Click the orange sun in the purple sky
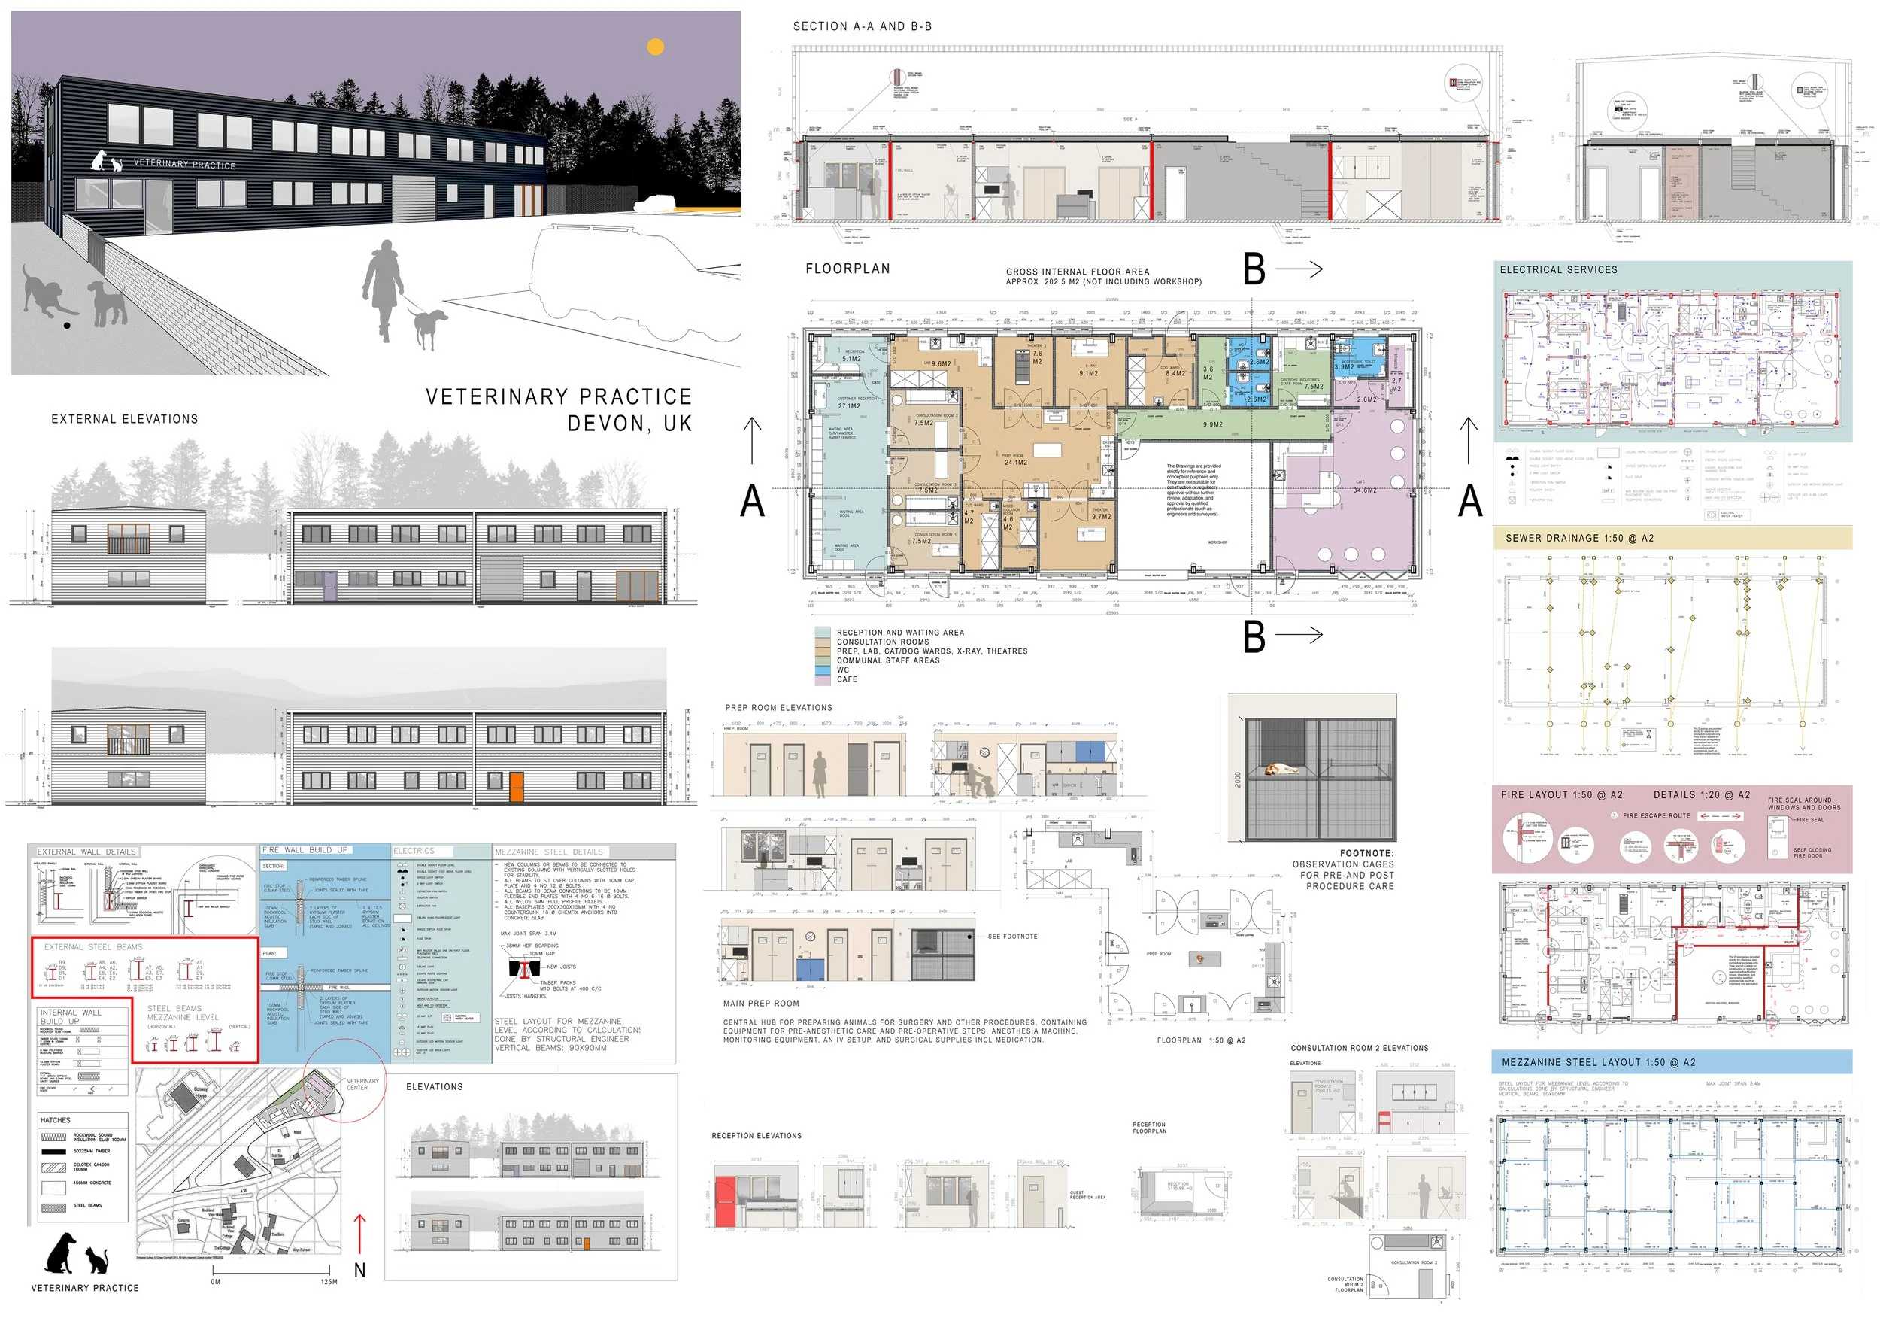(x=655, y=47)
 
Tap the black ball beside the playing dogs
(x=67, y=325)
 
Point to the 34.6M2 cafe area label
(x=1364, y=490)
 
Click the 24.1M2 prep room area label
(x=1015, y=463)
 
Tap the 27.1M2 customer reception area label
(x=848, y=406)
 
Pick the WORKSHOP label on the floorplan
(x=1217, y=542)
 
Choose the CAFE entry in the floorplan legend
(x=847, y=680)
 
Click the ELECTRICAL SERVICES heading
(x=1558, y=269)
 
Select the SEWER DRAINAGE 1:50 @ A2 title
(x=1579, y=538)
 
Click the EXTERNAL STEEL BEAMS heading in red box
(x=93, y=947)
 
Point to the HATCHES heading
(x=55, y=1119)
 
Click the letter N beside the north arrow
(x=359, y=1271)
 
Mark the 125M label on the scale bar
(x=329, y=1282)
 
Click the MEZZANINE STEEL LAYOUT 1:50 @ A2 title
(x=1598, y=1062)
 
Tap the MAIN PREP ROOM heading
(x=761, y=1004)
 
